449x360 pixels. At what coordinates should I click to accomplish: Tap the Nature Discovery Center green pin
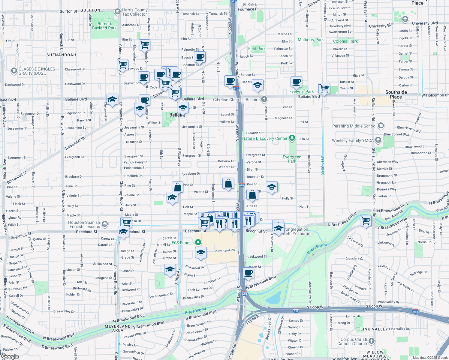pos(292,138)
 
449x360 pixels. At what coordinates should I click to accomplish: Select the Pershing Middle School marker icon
pos(381,126)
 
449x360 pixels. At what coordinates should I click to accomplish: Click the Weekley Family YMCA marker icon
pos(378,140)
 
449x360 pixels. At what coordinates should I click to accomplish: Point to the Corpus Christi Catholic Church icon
pos(372,341)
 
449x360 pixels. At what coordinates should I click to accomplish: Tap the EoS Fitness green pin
pos(198,242)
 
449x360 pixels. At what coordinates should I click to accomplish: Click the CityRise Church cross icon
pos(264,99)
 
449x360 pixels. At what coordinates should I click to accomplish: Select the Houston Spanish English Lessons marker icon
pos(104,224)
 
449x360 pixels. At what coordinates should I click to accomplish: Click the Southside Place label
pos(396,94)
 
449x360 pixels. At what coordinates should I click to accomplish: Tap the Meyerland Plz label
pos(224,250)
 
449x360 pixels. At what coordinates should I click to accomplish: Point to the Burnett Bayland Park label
pos(104,26)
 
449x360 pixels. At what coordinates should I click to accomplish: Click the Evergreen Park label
pos(292,159)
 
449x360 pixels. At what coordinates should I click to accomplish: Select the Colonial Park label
pos(345,41)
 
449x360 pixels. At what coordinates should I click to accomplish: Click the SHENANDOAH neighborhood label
pos(61,55)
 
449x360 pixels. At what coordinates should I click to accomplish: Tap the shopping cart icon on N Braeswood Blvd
pos(366,220)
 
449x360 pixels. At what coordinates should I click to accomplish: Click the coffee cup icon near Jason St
pos(249,273)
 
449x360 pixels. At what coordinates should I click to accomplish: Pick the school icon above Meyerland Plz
pos(201,253)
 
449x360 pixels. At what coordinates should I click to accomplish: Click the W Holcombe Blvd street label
pos(435,95)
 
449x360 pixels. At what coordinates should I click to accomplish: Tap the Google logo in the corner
pos(10,356)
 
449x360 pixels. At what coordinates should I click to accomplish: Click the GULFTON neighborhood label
pos(90,10)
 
